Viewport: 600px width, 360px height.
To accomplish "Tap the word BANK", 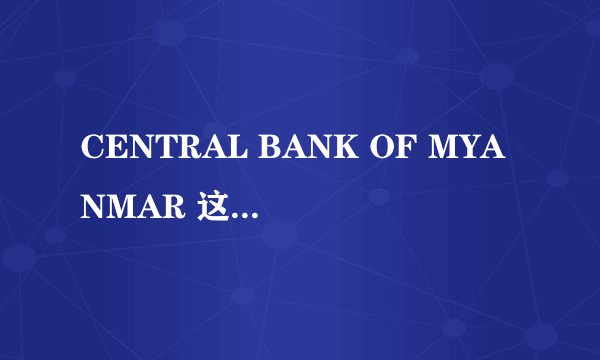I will (x=274, y=148).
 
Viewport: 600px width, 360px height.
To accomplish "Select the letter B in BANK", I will (x=244, y=148).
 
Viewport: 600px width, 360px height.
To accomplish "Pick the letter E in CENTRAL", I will (x=110, y=148).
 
